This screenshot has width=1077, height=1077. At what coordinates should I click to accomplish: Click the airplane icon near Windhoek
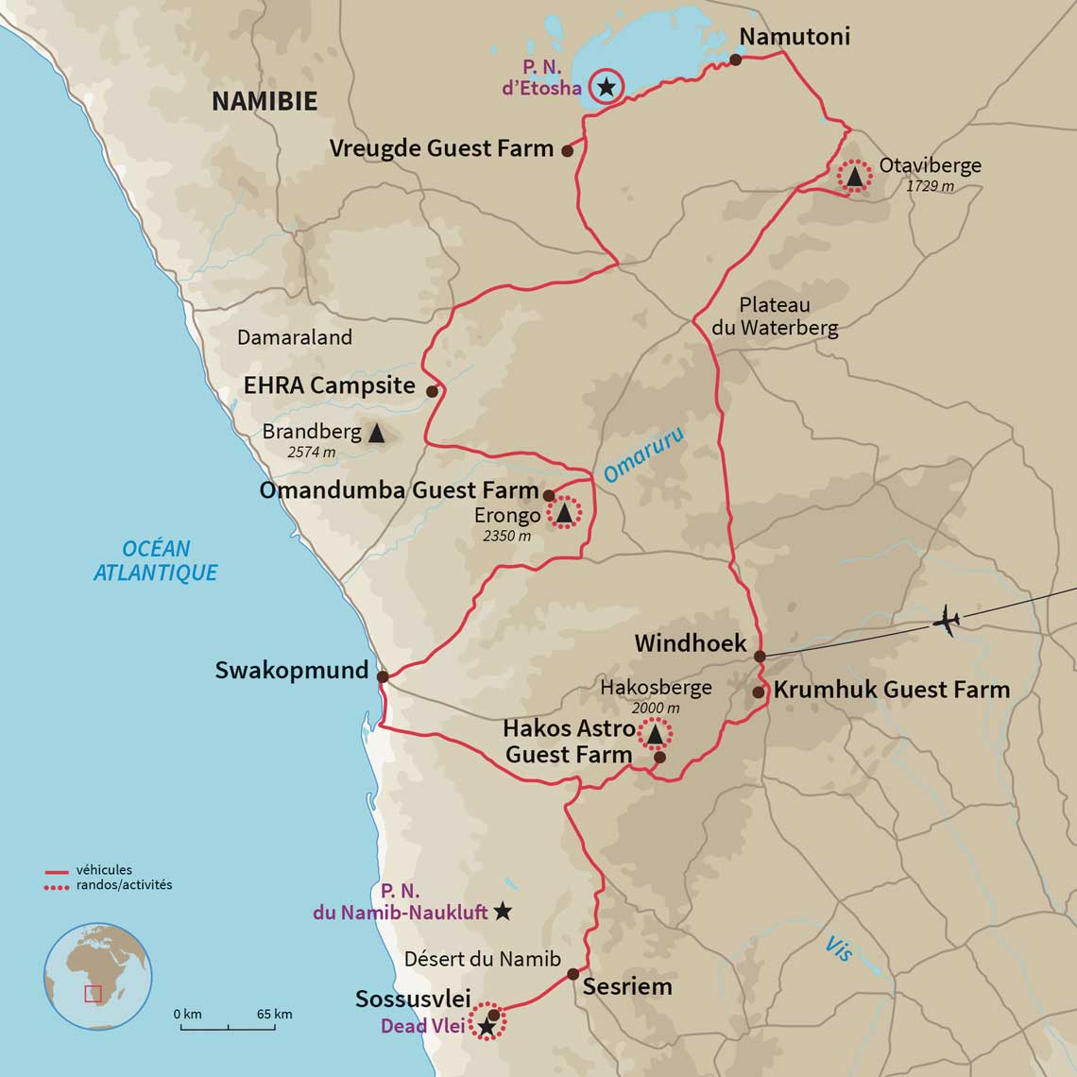pos(946,622)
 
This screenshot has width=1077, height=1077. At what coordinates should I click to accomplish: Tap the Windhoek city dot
pos(759,656)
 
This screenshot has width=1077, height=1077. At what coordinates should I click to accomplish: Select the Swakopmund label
pos(291,671)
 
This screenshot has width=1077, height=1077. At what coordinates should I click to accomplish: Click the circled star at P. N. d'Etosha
pos(606,87)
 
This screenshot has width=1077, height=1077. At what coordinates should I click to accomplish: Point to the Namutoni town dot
pos(735,60)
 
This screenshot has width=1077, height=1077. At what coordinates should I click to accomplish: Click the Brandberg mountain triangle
pos(376,434)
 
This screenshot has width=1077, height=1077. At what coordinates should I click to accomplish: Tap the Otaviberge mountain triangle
pos(854,176)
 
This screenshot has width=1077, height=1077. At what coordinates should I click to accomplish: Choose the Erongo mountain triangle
pos(564,513)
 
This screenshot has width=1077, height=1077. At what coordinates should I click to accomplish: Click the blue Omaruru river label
pos(643,453)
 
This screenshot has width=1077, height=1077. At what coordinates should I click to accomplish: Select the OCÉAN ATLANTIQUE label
pos(156,560)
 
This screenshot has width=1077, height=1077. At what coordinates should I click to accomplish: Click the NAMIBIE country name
pos(264,101)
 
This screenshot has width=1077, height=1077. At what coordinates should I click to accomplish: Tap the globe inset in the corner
pos(97,976)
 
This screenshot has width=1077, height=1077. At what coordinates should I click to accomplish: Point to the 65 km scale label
pos(274,1014)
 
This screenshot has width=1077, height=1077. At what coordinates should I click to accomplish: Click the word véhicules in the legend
pos(104,870)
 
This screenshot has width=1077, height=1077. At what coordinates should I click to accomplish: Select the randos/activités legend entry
pos(124,885)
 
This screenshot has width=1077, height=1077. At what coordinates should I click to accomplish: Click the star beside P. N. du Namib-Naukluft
pos(503,912)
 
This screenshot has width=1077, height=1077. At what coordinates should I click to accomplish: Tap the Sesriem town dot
pos(573,974)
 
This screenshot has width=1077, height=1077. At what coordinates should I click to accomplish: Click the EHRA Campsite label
pos(329,385)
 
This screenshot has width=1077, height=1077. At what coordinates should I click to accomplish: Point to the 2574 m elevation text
pos(311,453)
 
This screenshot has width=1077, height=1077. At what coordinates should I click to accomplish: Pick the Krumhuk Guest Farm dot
pos(758,692)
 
